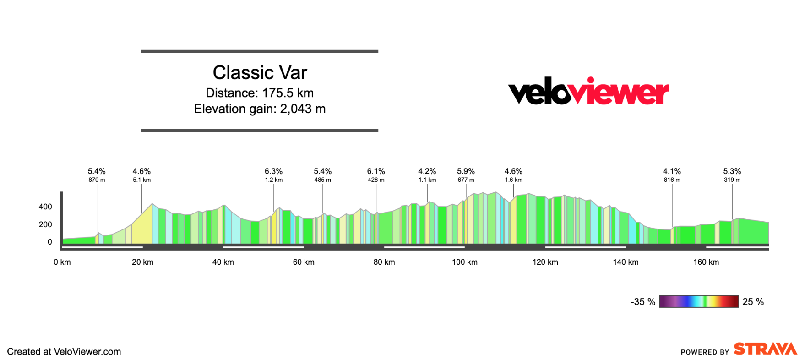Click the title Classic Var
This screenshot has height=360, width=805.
click(260, 72)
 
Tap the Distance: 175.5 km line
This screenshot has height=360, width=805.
click(260, 93)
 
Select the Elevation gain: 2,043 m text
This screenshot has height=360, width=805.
click(260, 109)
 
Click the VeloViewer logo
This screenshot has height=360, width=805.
click(588, 91)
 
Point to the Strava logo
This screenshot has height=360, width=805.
click(765, 349)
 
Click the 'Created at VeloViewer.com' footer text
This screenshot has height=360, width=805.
click(64, 352)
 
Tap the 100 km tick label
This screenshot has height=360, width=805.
click(464, 262)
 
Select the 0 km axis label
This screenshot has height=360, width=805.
click(62, 262)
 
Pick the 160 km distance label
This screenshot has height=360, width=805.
click(706, 262)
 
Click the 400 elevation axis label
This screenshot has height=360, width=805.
click(45, 207)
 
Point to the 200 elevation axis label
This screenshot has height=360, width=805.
click(45, 224)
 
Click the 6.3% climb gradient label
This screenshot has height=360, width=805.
click(273, 171)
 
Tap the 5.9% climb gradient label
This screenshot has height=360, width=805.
click(466, 171)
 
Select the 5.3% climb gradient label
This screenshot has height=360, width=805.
click(732, 171)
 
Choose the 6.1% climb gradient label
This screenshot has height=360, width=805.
click(376, 171)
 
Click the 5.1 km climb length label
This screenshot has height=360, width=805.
click(142, 180)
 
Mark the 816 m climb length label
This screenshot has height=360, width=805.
click(672, 180)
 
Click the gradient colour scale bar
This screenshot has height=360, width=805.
click(699, 301)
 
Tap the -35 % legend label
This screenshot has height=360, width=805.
click(643, 302)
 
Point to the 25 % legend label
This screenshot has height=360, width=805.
click(753, 302)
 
